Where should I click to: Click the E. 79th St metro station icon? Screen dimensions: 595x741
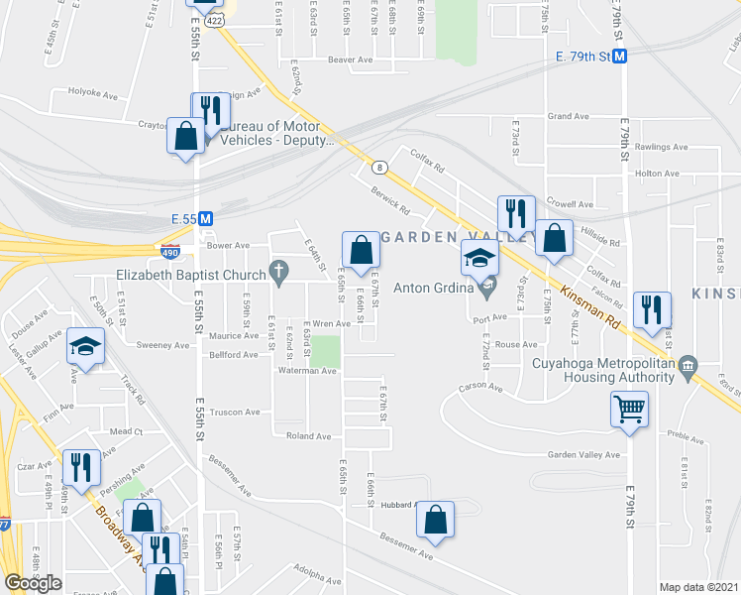coord(620,58)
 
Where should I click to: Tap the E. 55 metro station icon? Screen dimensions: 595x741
coord(206,218)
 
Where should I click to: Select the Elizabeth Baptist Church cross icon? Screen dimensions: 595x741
coord(279,271)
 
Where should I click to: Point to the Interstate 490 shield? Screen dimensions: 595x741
coord(171,252)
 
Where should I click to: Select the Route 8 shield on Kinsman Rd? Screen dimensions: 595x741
coord(379,168)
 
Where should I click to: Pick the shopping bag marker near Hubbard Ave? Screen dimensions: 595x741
coord(435,520)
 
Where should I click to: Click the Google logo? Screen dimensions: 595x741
coord(34,583)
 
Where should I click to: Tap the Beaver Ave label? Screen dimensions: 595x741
coord(350,59)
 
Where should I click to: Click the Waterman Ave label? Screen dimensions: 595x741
coord(309,371)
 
